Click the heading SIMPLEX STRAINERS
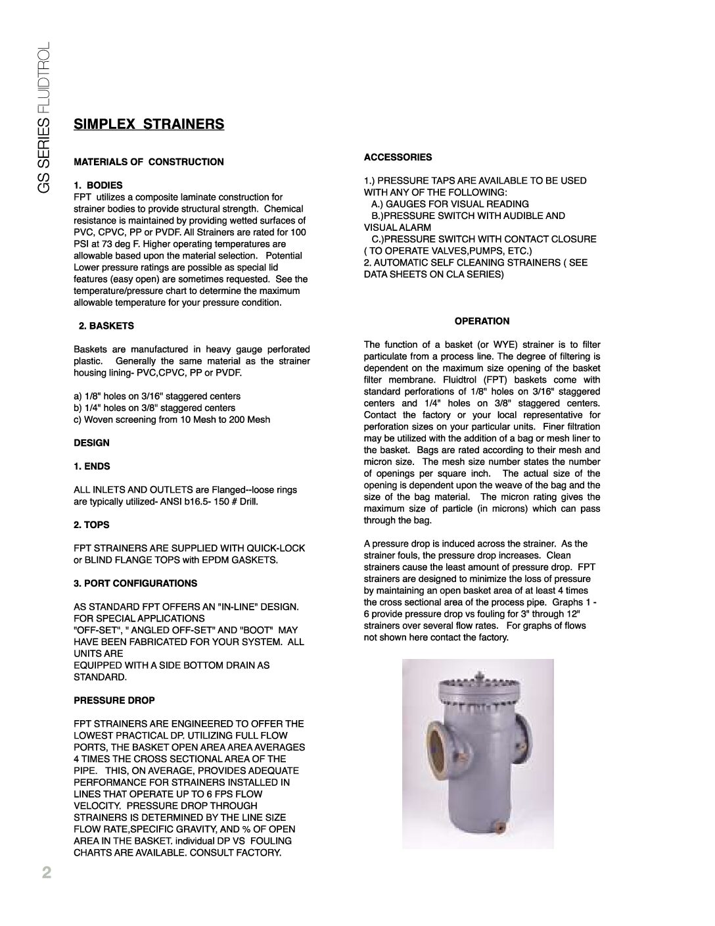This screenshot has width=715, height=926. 149,124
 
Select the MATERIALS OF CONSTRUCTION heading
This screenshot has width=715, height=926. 149,162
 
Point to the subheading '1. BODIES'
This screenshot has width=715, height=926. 98,185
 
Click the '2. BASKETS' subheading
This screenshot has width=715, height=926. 106,326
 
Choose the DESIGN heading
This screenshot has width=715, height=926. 91,443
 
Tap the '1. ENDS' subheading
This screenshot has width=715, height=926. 91,466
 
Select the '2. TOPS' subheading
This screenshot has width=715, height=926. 91,525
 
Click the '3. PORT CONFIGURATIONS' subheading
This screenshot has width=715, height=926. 135,583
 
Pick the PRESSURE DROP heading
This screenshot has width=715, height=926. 114,700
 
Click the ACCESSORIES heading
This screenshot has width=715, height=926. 398,157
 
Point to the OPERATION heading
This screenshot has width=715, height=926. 482,322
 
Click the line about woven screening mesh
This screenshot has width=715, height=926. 172,420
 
